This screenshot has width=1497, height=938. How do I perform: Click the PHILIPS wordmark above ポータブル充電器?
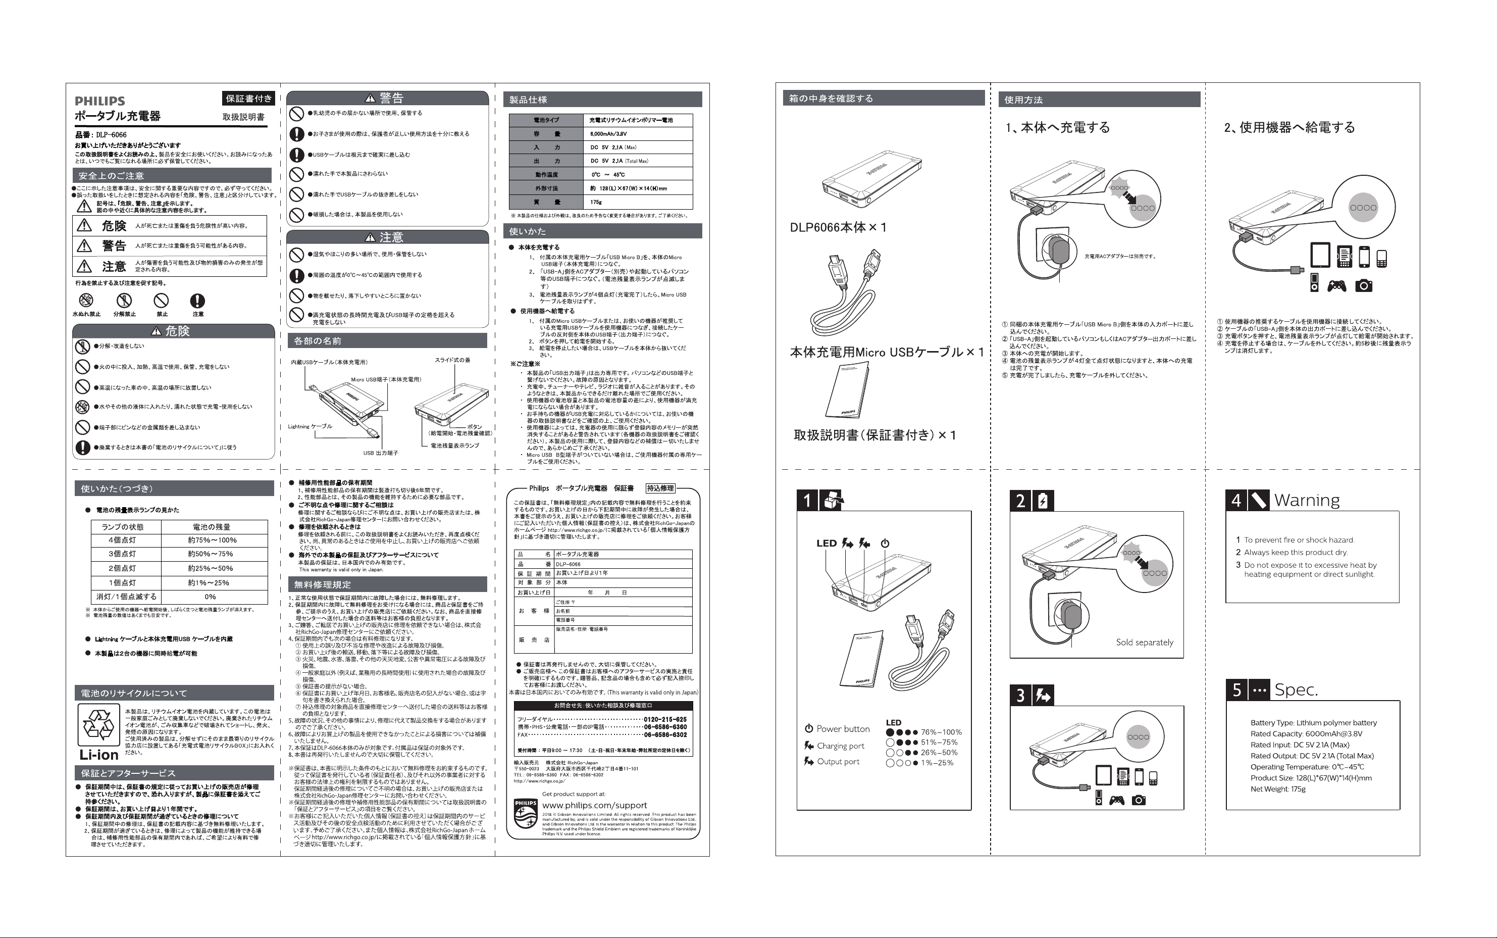point(100,101)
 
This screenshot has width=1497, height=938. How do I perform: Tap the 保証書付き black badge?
point(248,98)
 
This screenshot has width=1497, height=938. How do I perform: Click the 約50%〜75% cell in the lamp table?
point(211,554)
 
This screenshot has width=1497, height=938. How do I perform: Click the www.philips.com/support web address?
point(594,805)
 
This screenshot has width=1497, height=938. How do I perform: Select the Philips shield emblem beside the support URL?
point(525,814)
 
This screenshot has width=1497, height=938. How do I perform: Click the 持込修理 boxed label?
point(660,488)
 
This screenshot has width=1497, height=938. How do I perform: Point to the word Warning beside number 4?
point(1307,500)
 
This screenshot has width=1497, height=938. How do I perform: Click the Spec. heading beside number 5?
point(1296,690)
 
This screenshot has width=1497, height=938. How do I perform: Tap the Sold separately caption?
point(1144,643)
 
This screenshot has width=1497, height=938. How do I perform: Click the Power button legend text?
point(842,729)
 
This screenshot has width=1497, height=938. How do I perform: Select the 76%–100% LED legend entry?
point(940,732)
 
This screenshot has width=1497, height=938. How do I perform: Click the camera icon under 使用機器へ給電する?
point(1363,285)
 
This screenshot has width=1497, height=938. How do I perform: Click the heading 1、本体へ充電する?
point(1057,128)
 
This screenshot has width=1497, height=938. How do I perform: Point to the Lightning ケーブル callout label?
point(310,427)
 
